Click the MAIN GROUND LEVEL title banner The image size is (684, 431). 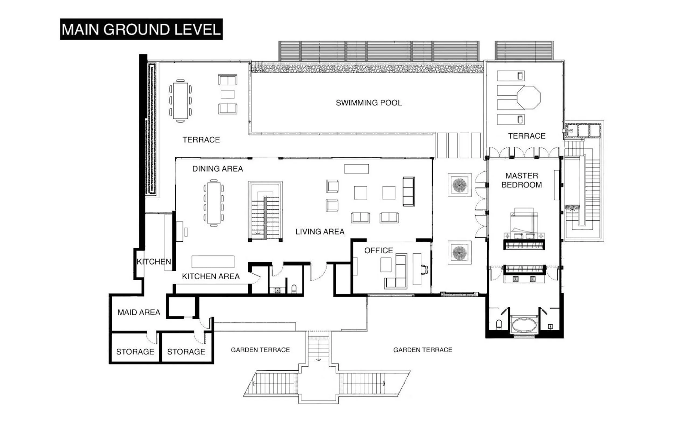tap(141, 29)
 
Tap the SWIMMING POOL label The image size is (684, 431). tap(369, 103)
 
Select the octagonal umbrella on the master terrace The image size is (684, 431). tap(528, 98)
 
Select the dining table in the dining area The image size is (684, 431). tap(214, 203)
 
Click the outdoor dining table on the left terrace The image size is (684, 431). tap(180, 100)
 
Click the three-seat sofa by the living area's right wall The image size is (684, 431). tap(408, 191)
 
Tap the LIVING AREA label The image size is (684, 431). tap(320, 232)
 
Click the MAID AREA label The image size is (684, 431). tap(139, 312)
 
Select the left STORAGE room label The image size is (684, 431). tap(135, 352)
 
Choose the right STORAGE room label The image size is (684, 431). tap(186, 352)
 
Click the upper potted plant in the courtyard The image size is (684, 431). tap(459, 185)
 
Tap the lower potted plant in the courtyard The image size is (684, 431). tap(459, 253)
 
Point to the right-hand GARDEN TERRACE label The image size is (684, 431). tap(422, 350)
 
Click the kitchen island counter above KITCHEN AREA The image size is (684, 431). tap(213, 261)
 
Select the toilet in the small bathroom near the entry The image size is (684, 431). tap(294, 289)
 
